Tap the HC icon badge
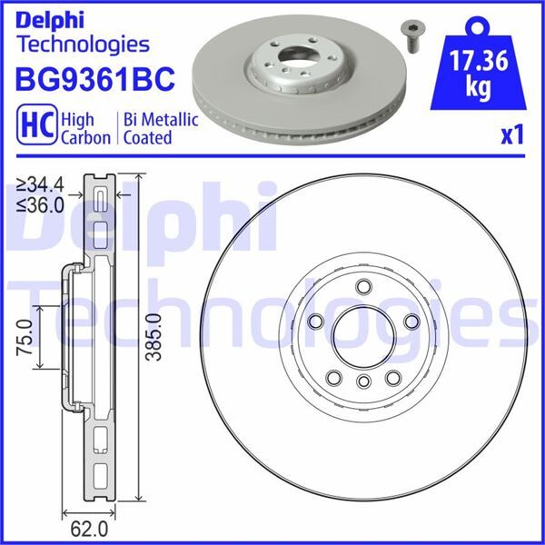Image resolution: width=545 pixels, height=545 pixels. (33, 128)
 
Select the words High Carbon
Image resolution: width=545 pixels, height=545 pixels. (85, 128)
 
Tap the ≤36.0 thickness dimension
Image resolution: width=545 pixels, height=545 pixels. (40, 204)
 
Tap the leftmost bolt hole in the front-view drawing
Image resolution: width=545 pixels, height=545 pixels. (316, 322)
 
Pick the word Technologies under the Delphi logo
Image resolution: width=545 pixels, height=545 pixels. (83, 43)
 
